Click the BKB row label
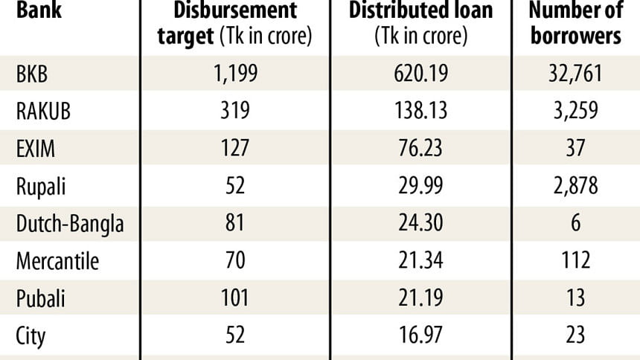[x=32, y=74]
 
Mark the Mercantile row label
[x=57, y=260]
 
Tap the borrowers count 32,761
[x=575, y=74]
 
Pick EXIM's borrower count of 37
[x=575, y=147]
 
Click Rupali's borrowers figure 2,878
[x=575, y=184]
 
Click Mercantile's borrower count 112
[x=575, y=260]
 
